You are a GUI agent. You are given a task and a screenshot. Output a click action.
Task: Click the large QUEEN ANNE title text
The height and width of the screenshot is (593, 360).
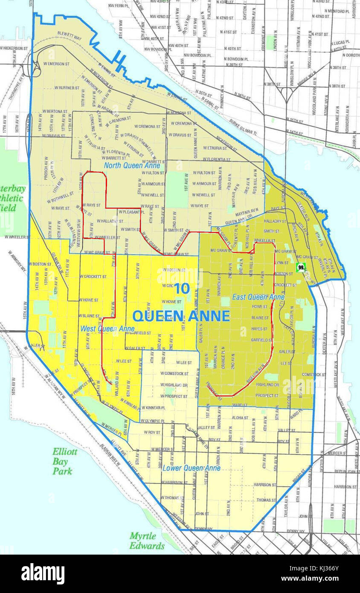pos(181,316)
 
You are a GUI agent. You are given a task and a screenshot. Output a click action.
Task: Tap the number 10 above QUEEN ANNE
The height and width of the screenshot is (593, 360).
pos(182,288)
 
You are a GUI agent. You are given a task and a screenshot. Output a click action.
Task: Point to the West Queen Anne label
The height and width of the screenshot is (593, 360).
pos(113,328)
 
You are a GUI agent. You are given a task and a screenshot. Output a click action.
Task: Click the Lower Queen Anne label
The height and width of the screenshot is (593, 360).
pos(192,468)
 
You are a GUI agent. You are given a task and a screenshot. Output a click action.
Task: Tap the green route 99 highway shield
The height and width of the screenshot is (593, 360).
pos(301,267)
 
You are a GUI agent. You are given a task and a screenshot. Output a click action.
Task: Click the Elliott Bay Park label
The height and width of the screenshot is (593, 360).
pos(65,461)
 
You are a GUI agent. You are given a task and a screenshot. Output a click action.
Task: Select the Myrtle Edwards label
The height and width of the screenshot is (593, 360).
pos(147,541)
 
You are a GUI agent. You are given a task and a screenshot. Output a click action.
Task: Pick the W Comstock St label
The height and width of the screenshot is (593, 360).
pos(174,373)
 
